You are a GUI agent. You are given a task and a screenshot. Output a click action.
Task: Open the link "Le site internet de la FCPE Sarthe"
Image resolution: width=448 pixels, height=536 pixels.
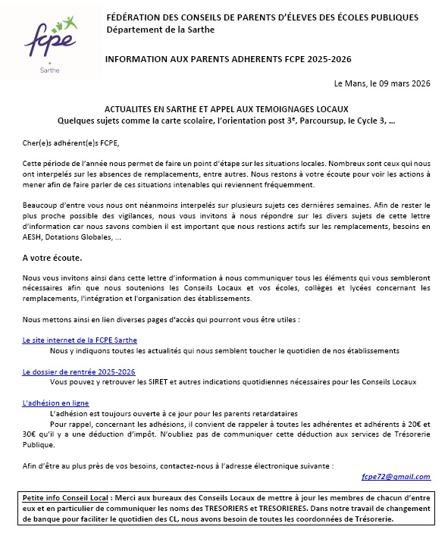(x=80, y=340)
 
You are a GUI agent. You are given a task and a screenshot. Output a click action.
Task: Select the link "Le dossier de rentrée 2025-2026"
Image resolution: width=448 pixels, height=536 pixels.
(x=79, y=372)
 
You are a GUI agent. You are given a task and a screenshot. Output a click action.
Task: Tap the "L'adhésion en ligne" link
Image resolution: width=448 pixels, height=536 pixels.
(x=56, y=404)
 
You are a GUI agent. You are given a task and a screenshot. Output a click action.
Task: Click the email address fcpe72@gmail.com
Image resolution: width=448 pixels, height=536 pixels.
(x=396, y=477)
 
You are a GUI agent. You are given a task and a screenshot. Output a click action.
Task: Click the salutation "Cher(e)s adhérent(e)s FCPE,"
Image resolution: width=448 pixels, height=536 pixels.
(x=70, y=142)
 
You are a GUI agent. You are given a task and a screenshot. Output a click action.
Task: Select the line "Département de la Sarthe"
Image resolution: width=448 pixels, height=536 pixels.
(x=161, y=30)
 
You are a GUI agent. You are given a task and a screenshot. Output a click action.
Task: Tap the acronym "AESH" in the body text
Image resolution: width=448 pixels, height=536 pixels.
(x=34, y=237)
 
